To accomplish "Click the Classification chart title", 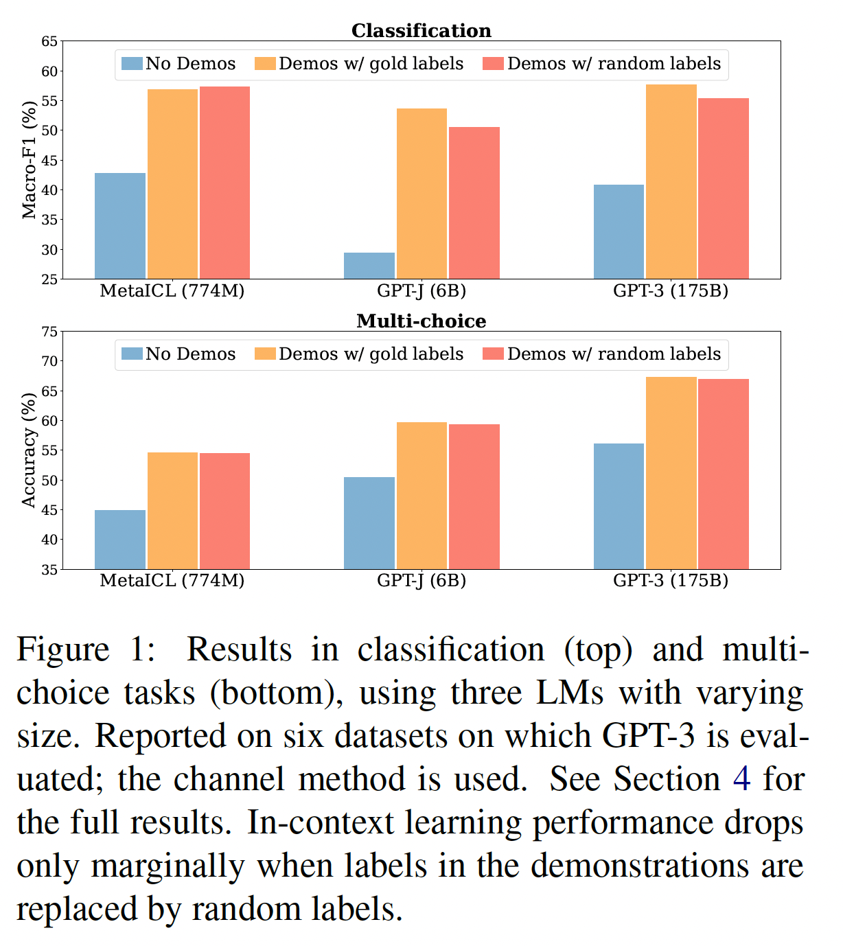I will pyautogui.click(x=421, y=31).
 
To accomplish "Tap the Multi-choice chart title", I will pyautogui.click(x=421, y=321).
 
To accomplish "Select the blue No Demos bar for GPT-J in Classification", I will pyautogui.click(x=369, y=266).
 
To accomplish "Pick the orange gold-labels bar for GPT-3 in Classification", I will pyautogui.click(x=671, y=182).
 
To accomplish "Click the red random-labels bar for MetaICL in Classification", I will pyautogui.click(x=224, y=183).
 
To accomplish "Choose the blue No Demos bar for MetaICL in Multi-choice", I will pyautogui.click(x=120, y=540).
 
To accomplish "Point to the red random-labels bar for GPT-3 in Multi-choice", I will pyautogui.click(x=723, y=474).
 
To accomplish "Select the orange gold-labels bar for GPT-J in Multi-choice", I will pyautogui.click(x=421, y=496).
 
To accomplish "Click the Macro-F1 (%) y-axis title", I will pyautogui.click(x=29, y=160).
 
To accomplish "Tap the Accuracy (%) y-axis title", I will pyautogui.click(x=29, y=450).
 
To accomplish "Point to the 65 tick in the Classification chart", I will pyautogui.click(x=49, y=41).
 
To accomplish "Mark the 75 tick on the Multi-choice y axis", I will pyautogui.click(x=49, y=332).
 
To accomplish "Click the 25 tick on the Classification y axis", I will pyautogui.click(x=49, y=279).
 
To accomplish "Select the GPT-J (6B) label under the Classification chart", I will pyautogui.click(x=421, y=291).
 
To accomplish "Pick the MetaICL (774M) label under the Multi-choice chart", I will pyautogui.click(x=172, y=581).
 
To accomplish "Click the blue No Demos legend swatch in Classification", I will pyautogui.click(x=132, y=64).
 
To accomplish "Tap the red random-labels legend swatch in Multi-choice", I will pyautogui.click(x=494, y=354).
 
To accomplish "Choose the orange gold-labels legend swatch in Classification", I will pyautogui.click(x=265, y=64).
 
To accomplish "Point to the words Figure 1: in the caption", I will pyautogui.click(x=86, y=650).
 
